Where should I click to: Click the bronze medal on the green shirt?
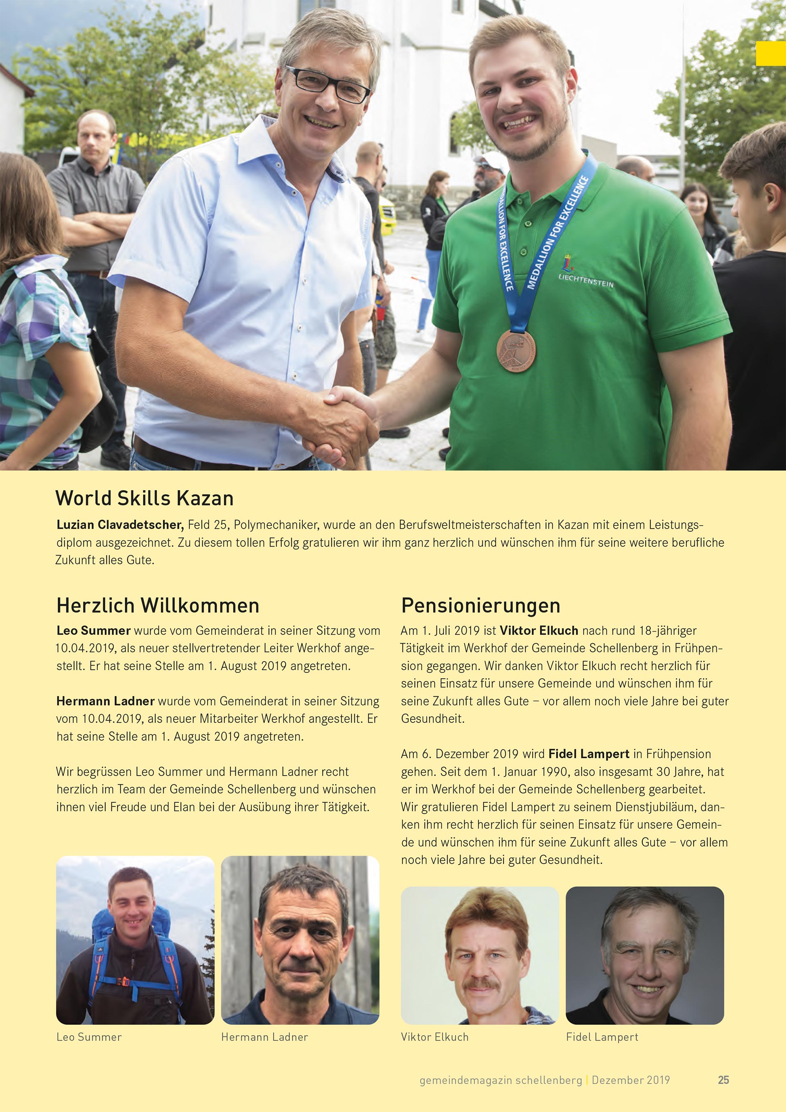[x=516, y=350]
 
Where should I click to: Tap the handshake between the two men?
[x=343, y=421]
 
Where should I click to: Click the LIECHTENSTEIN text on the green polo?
[x=586, y=280]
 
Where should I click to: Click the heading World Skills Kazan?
[x=145, y=498]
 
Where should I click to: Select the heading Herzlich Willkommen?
[x=158, y=606]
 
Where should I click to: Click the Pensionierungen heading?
[x=481, y=606]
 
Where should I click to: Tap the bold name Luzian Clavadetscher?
[x=120, y=524]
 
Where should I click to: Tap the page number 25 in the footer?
[x=723, y=1080]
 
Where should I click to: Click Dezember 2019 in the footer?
[x=630, y=1080]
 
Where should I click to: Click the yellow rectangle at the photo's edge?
[x=770, y=53]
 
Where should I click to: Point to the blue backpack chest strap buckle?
[x=124, y=982]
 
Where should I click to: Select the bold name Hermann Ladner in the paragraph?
[x=105, y=701]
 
